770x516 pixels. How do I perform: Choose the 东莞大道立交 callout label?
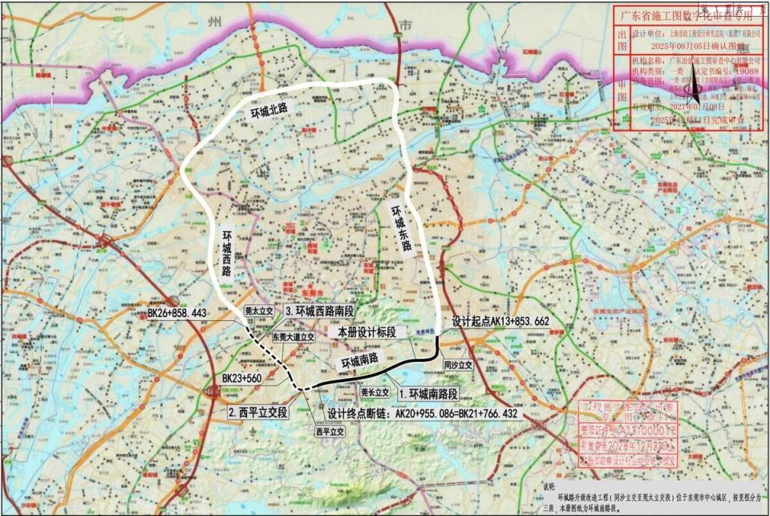click(293, 337)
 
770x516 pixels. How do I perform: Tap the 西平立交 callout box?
click(329, 432)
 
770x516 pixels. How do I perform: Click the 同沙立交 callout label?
click(459, 364)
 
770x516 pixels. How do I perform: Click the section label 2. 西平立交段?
click(257, 413)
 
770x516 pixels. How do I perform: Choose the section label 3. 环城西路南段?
click(319, 311)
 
